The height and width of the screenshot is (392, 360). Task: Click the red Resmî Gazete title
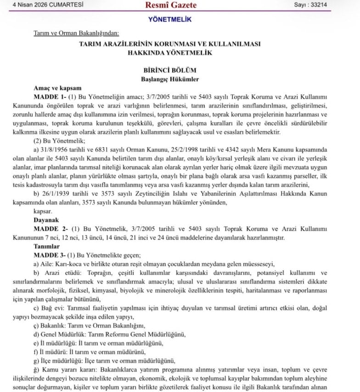pyautogui.click(x=170, y=6)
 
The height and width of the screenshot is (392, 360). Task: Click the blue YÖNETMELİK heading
pyautogui.click(x=170, y=20)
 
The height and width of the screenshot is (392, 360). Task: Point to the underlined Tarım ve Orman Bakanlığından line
pyautogui.click(x=76, y=33)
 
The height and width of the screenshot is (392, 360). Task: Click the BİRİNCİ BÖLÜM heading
pyautogui.click(x=170, y=70)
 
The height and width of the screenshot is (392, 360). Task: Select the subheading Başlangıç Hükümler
pyautogui.click(x=170, y=79)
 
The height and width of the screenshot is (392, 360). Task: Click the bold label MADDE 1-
pyautogui.click(x=50, y=97)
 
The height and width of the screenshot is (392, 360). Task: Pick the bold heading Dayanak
pyautogui.click(x=46, y=220)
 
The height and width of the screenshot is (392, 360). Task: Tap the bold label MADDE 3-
pyautogui.click(x=50, y=255)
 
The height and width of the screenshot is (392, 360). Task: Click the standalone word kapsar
pyautogui.click(x=43, y=211)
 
